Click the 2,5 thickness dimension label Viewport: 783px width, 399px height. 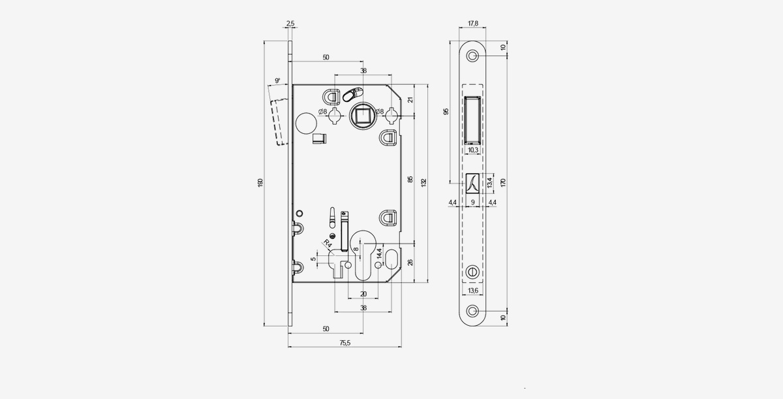pos(290,24)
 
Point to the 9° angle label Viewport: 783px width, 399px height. pos(277,81)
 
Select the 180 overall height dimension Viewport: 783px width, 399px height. pos(260,183)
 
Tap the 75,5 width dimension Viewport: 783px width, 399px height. pos(345,343)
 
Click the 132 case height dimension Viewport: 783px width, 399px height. pos(423,183)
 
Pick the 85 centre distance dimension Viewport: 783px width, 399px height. pos(410,179)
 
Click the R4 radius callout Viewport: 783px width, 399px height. pos(328,244)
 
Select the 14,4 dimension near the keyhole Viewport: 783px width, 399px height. pos(380,253)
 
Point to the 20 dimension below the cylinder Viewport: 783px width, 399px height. pos(363,294)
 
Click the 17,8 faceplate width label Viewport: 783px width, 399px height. pos(472,24)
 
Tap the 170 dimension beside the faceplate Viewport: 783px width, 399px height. pos(503,183)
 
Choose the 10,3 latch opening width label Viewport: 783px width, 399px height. pos(472,150)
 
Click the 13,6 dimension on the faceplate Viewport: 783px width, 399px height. pos(472,291)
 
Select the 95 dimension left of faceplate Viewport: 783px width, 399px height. pos(446,112)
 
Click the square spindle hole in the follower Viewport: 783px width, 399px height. pos(363,114)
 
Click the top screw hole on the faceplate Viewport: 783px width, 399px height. pos(472,56)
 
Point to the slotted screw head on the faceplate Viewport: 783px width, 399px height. pos(472,271)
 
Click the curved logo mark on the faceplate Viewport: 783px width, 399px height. pos(472,183)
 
